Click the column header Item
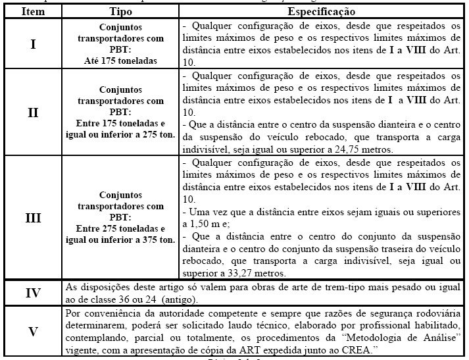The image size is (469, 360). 33,12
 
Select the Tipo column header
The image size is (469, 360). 123,12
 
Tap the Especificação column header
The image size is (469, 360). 322,12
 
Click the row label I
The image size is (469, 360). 33,45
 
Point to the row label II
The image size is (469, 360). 33,112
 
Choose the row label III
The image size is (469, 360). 33,217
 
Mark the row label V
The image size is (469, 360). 33,331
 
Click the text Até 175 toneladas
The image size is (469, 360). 123,61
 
